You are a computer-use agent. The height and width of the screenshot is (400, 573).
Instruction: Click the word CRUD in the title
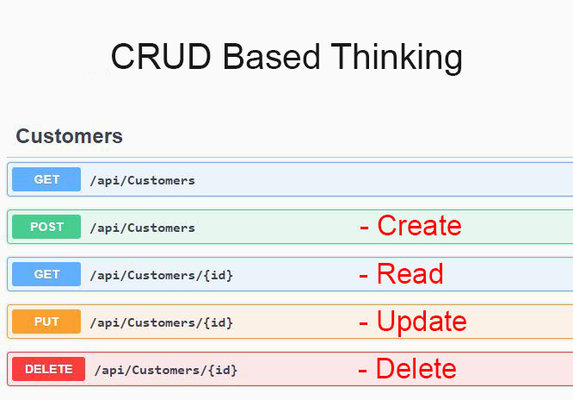tap(161, 56)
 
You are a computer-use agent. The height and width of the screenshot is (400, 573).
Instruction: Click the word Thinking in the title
tap(397, 58)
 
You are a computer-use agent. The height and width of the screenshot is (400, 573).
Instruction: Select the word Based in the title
tap(271, 56)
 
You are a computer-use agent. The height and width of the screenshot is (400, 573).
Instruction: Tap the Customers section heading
tap(69, 136)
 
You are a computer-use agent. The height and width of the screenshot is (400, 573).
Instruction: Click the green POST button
tap(46, 227)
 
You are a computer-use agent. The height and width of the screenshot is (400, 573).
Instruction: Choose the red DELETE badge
tap(48, 369)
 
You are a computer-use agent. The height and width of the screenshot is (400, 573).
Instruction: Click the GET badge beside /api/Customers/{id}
tap(46, 274)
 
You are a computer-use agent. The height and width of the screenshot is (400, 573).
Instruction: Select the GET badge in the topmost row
tap(46, 179)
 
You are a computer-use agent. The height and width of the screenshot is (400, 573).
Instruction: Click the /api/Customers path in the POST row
tap(143, 228)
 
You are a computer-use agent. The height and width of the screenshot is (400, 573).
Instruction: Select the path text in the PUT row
tap(161, 322)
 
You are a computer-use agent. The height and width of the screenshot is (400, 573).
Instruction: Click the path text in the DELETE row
tap(166, 370)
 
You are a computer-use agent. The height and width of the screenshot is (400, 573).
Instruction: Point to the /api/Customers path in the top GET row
tap(143, 180)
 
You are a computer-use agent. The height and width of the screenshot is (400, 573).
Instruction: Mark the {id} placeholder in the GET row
tap(218, 275)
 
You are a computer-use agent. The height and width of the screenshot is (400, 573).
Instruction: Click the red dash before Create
tap(364, 228)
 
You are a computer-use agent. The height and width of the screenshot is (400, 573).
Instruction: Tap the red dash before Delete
tap(362, 371)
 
